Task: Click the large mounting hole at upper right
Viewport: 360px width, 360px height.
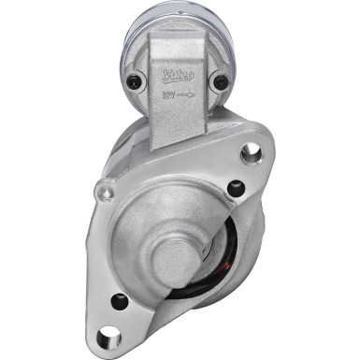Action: point(252,151)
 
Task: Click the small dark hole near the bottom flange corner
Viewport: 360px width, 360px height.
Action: point(119,300)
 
